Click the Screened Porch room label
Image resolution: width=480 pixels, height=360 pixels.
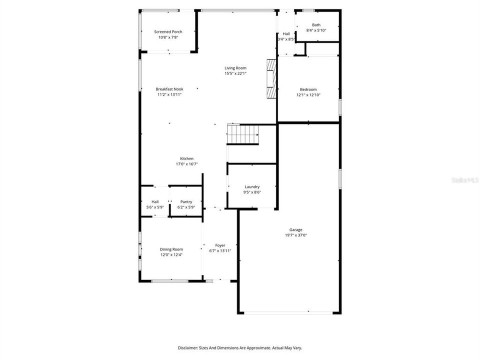(168, 31)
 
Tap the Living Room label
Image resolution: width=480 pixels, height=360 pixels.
(235, 68)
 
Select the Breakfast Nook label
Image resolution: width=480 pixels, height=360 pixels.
(169, 89)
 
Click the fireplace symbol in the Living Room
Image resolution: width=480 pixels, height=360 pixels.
(271, 79)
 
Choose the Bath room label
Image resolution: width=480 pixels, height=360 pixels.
(316, 25)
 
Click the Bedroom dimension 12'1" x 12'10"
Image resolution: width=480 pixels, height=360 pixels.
(307, 95)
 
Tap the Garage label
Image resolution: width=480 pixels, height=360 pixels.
(295, 230)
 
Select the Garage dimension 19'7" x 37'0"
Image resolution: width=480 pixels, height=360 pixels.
(295, 235)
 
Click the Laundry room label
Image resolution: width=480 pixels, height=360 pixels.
(252, 187)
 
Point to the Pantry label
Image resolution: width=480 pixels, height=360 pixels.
(186, 202)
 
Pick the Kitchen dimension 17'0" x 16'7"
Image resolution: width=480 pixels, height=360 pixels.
(184, 164)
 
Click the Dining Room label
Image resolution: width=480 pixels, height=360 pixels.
(171, 249)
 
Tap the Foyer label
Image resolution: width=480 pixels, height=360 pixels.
(220, 245)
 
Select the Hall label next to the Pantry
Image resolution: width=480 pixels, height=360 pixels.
(155, 202)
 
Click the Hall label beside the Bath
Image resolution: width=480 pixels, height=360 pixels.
(286, 33)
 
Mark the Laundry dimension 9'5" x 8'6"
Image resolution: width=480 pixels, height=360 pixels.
(252, 192)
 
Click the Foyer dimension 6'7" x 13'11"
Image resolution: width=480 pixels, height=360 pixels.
(220, 251)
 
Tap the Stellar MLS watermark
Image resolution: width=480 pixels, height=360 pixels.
(464, 179)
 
